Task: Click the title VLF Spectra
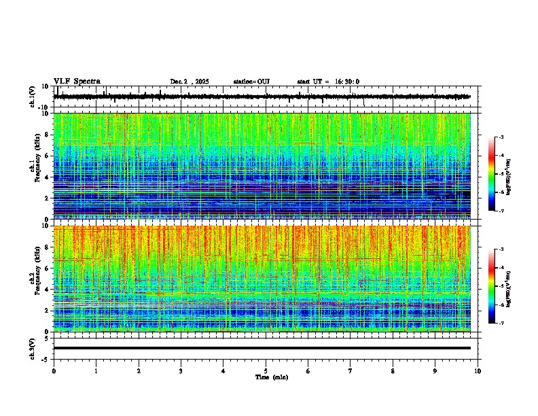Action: click(77, 82)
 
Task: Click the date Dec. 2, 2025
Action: click(190, 82)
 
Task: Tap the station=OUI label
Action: click(251, 82)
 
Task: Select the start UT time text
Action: click(328, 82)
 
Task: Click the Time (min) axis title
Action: click(272, 377)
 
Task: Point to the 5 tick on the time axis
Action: click(266, 371)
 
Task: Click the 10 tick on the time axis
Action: click(478, 371)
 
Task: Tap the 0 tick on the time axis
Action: click(54, 371)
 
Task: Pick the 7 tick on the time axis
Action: click(351, 371)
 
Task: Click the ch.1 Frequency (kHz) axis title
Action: click(35, 166)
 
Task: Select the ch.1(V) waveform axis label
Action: click(32, 97)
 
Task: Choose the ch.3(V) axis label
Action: click(32, 348)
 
